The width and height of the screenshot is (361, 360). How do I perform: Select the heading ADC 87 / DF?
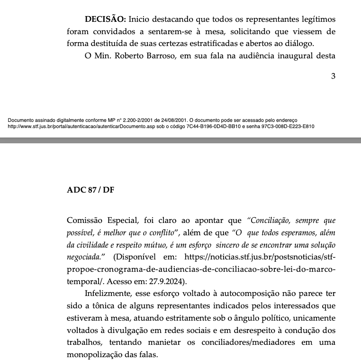[90, 190]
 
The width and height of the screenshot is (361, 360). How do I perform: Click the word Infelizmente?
[108, 293]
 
